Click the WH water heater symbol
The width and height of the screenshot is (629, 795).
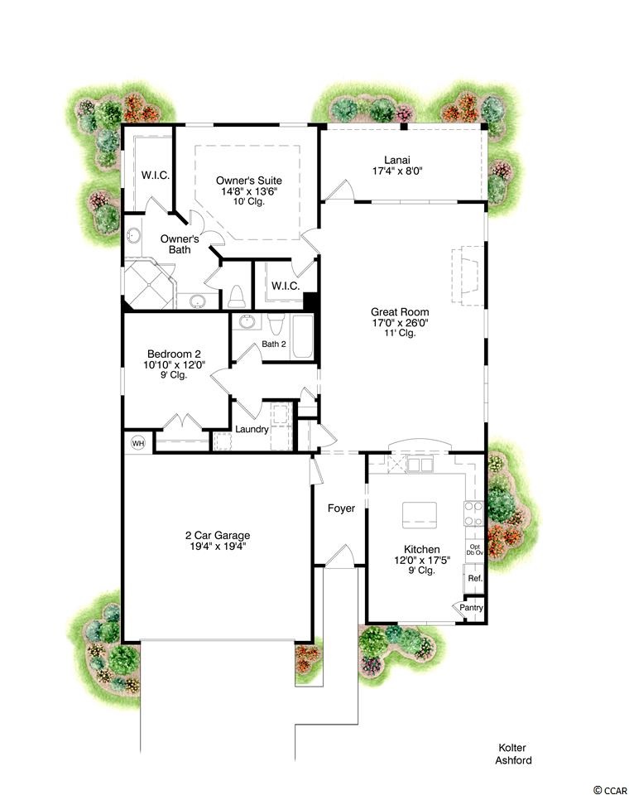(138, 444)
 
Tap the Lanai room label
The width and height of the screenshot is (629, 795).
(397, 160)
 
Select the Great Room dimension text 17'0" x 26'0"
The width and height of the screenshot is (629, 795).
(400, 322)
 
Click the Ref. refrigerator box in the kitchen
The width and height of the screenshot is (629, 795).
(475, 578)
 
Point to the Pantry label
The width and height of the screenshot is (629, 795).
(472, 607)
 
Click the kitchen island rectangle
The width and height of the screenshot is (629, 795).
(420, 515)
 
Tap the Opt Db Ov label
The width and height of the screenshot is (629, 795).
(475, 550)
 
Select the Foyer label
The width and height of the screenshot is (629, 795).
(341, 508)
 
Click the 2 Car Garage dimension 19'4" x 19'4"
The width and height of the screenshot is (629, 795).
(217, 546)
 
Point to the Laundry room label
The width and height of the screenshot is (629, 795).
(252, 430)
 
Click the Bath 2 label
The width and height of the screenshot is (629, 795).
(274, 344)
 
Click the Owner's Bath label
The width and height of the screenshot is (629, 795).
(180, 243)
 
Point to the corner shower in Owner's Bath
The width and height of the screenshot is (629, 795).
(150, 284)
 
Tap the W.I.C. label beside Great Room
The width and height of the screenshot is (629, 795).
(286, 286)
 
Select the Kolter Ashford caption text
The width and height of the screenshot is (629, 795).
(513, 754)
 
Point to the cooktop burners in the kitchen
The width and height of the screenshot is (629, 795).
(474, 513)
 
